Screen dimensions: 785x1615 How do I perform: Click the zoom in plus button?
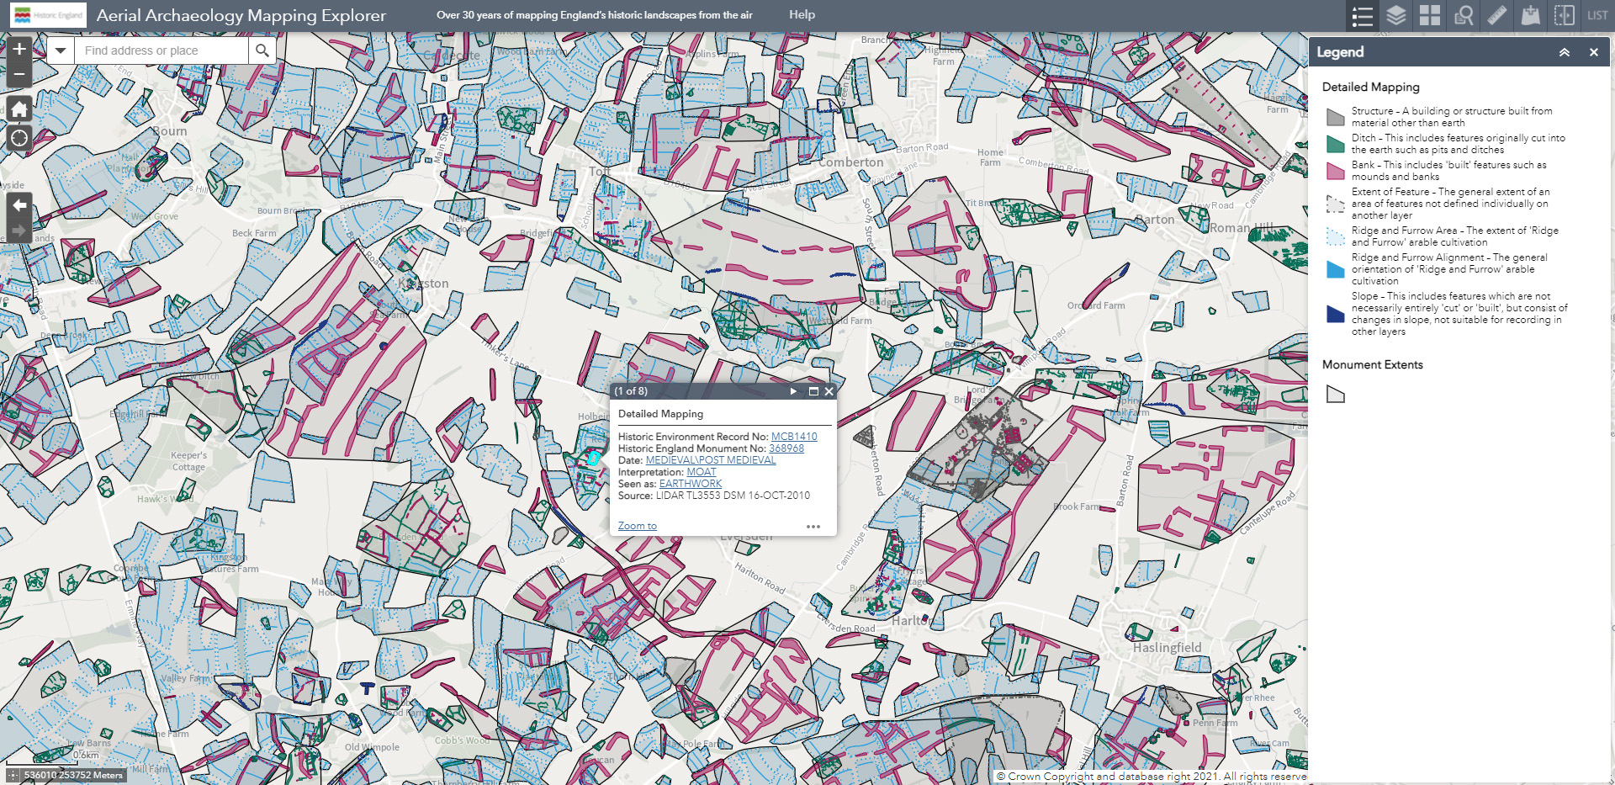(x=19, y=49)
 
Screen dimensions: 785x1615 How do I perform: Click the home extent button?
(x=19, y=109)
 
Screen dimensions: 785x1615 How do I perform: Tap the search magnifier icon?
(x=262, y=50)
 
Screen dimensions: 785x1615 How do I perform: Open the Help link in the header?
(x=802, y=14)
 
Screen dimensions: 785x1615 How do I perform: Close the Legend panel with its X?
(x=1593, y=52)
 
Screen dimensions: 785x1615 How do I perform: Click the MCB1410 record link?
(x=794, y=437)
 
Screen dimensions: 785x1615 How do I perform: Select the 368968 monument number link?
(x=786, y=448)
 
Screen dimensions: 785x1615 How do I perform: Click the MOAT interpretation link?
(x=701, y=472)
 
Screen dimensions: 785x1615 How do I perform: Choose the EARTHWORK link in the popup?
(x=690, y=484)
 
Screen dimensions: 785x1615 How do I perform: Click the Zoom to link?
(x=637, y=526)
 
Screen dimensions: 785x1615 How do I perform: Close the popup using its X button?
(x=829, y=391)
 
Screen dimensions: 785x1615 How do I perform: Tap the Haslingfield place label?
(x=1167, y=648)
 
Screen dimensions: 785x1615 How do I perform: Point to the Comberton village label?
(x=851, y=162)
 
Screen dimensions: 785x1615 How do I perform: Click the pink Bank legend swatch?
(x=1335, y=171)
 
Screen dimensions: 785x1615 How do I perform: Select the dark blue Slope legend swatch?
(x=1335, y=314)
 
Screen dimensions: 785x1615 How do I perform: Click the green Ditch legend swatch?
(x=1335, y=144)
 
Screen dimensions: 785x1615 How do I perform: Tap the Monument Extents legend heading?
(x=1372, y=364)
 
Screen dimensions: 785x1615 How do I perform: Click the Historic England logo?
(x=48, y=15)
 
